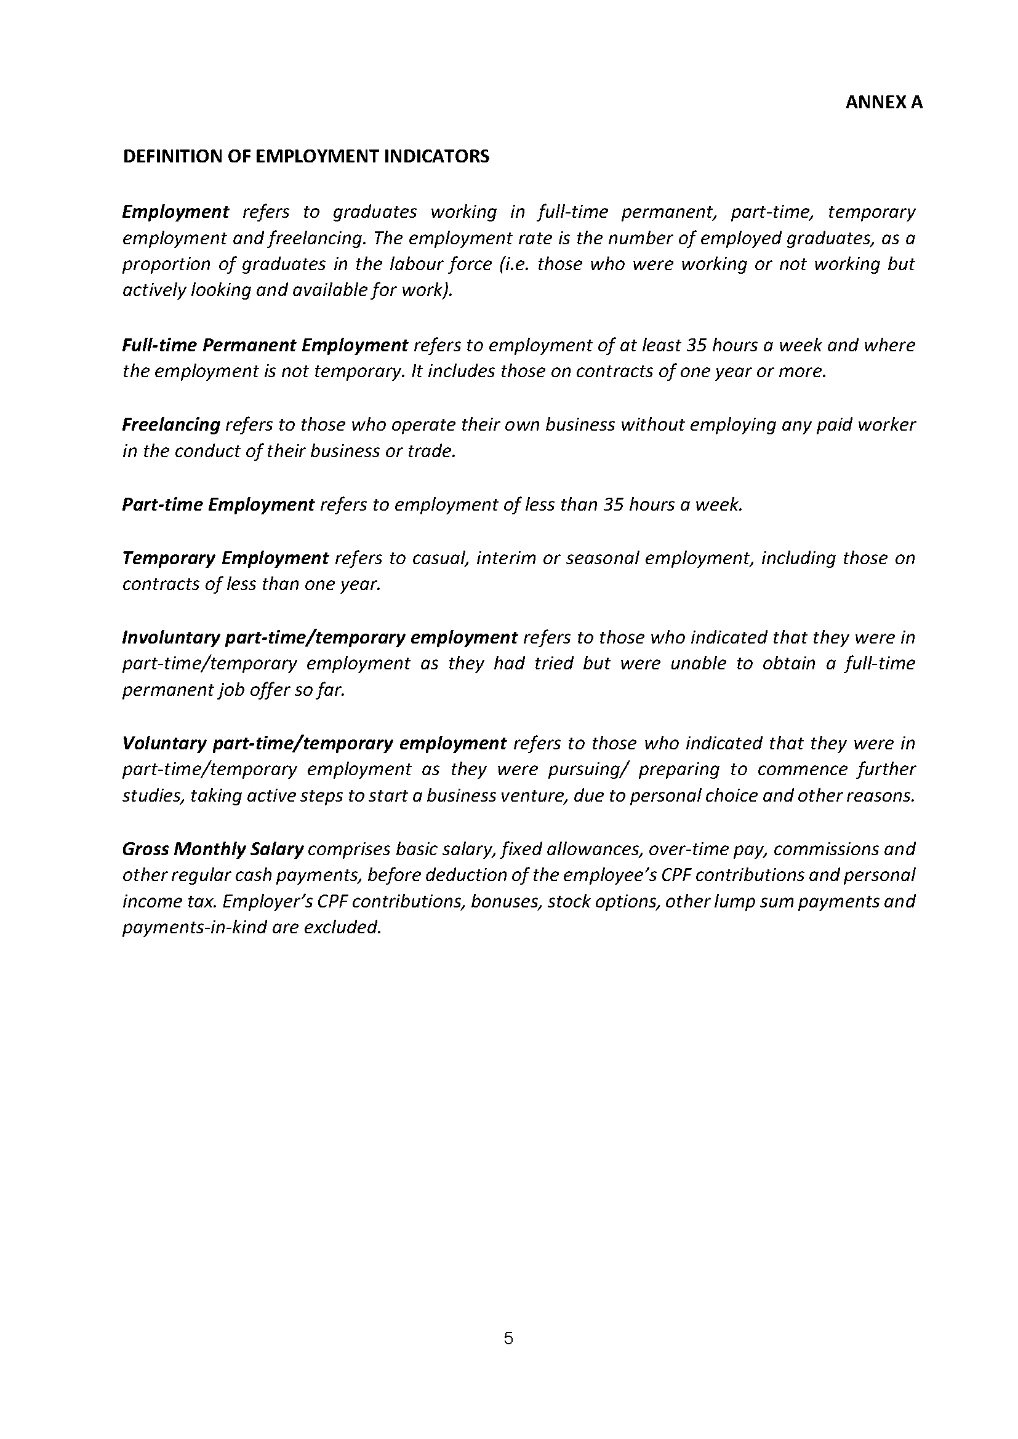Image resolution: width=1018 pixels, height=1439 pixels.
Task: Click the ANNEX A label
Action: (x=883, y=103)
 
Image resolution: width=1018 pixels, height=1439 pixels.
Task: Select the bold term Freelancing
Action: (x=171, y=425)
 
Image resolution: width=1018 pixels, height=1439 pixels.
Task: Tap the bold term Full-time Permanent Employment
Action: (x=265, y=345)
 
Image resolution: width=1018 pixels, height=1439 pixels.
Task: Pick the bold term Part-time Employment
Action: (x=217, y=504)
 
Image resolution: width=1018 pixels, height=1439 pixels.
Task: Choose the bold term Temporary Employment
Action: (x=225, y=558)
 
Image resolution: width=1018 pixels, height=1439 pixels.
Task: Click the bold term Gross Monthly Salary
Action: (x=212, y=849)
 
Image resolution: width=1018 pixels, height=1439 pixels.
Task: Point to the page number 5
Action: (x=508, y=1339)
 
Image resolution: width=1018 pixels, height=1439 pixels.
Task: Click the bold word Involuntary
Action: (x=169, y=638)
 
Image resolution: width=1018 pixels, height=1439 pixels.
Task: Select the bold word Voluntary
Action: (x=164, y=743)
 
